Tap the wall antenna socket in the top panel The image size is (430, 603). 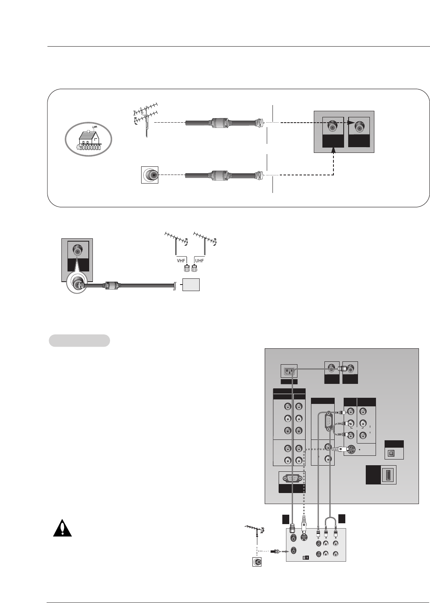coord(150,175)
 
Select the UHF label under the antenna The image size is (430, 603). coord(199,260)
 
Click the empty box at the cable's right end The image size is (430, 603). coord(191,285)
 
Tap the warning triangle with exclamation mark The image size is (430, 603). coord(62,528)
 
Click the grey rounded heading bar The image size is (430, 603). coord(79,341)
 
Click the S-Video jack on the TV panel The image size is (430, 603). coord(351,450)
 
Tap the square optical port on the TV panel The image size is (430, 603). coord(391,453)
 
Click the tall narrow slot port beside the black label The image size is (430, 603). coord(387,475)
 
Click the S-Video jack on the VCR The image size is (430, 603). coord(304,538)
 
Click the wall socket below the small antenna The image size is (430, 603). coord(257,562)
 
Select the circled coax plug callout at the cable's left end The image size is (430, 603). coord(78,282)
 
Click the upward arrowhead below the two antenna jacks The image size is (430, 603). coord(334,151)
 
